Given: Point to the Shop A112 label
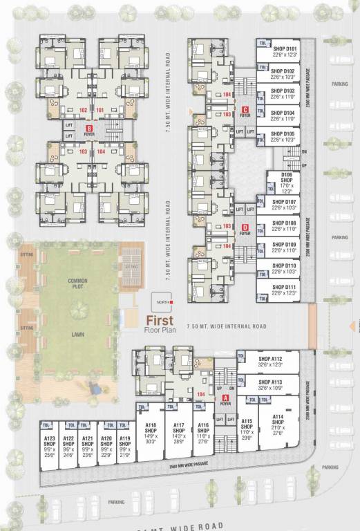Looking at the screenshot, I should pos(270,359).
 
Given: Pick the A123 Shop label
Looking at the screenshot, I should pos(49,442).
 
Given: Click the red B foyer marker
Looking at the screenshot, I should pos(88,129).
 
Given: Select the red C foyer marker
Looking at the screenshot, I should pos(245,109).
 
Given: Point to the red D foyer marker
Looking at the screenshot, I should pos(245,227).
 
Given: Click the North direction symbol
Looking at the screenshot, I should pos(167,302).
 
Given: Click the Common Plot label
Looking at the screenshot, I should pos(77,263).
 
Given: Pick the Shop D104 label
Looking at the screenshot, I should pos(283,112).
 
